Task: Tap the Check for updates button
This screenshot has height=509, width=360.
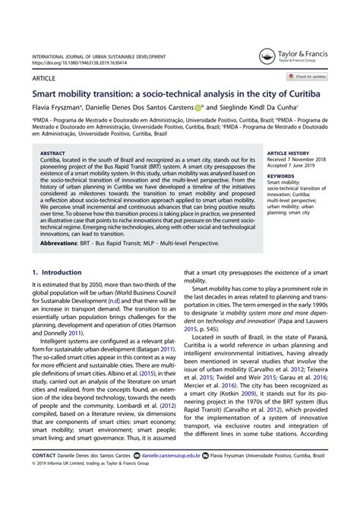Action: (307, 77)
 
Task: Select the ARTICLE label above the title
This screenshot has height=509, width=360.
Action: (43, 77)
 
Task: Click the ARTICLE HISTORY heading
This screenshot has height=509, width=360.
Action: (289, 153)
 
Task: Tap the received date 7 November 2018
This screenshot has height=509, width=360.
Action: (295, 159)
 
